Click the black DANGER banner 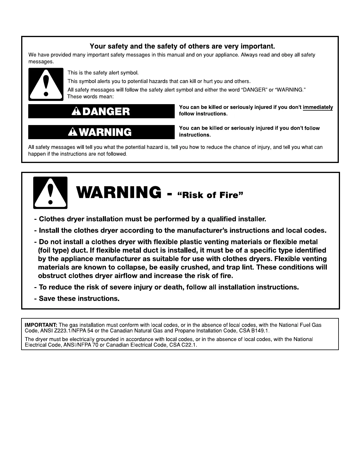point(101,111)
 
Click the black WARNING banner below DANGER point(101,132)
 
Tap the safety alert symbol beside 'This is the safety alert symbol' point(46,84)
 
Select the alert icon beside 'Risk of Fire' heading point(50,193)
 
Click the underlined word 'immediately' point(318,107)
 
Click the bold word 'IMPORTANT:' point(41,325)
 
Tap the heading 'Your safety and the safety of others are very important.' point(182,46)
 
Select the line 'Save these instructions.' point(79,299)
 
